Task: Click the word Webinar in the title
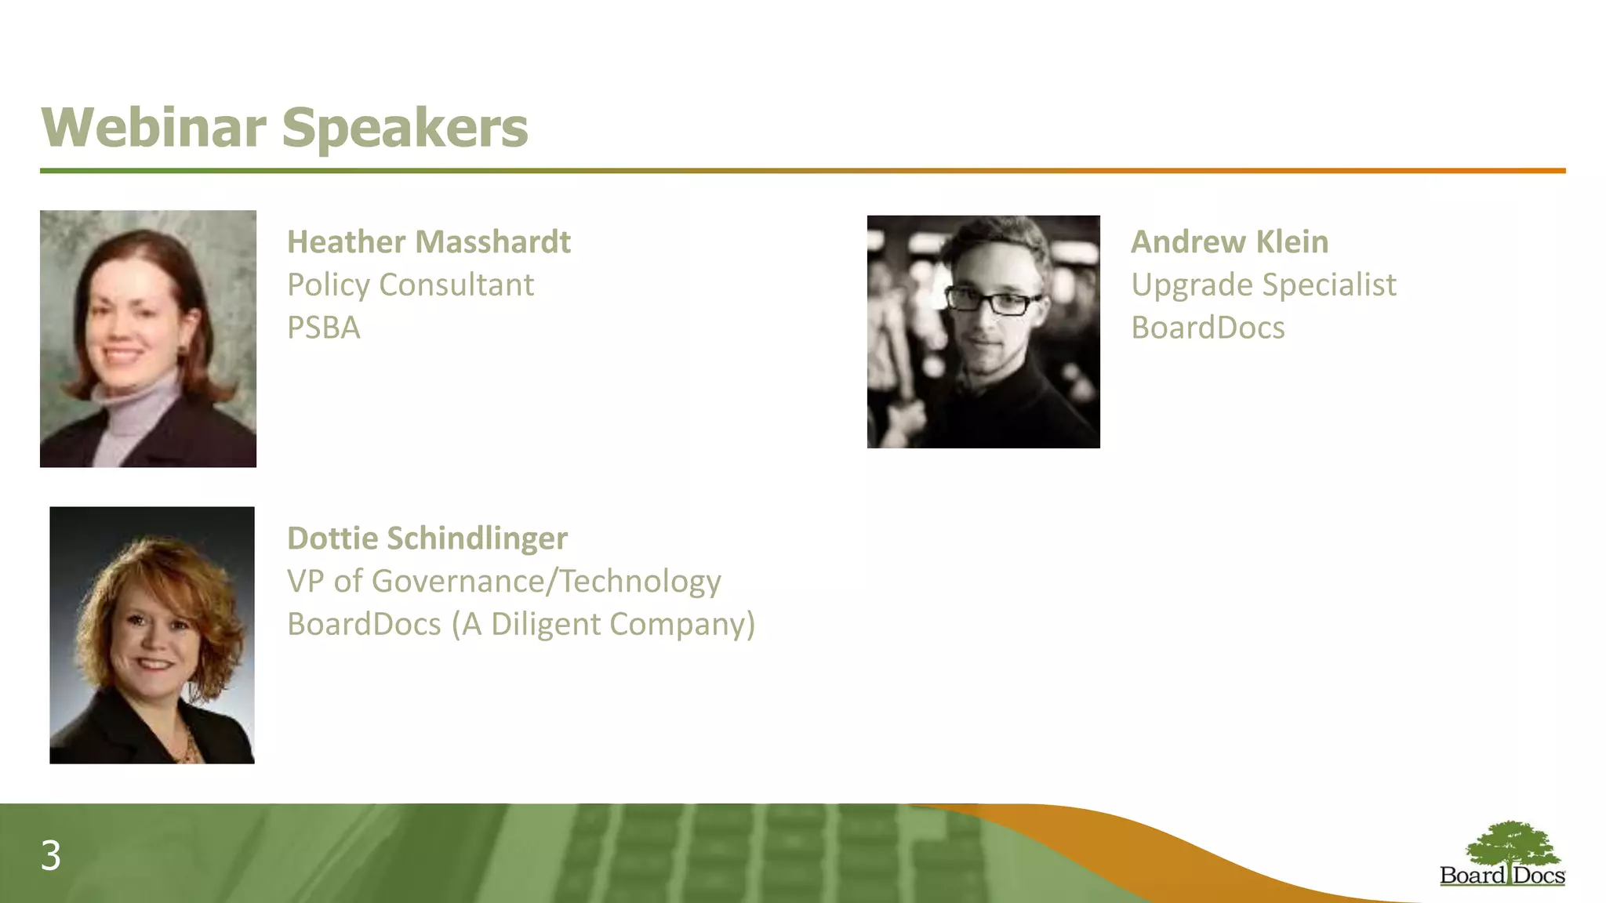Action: click(x=154, y=128)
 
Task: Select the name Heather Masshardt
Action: click(x=428, y=242)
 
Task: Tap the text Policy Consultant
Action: click(x=410, y=285)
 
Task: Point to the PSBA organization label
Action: click(x=323, y=328)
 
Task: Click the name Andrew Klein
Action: click(x=1229, y=242)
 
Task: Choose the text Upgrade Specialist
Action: click(x=1263, y=285)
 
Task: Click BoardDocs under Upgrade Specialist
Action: click(x=1208, y=328)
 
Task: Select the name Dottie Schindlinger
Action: click(x=427, y=539)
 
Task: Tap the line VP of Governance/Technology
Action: click(x=503, y=582)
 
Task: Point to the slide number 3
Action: click(x=51, y=856)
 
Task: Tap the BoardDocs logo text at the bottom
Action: click(x=1502, y=876)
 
